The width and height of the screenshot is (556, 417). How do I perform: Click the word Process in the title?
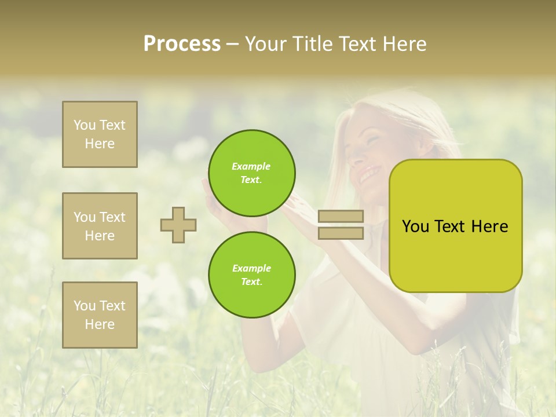(182, 44)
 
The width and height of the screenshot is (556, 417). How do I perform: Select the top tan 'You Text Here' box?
(100, 134)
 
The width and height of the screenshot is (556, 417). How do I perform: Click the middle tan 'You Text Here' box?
(100, 226)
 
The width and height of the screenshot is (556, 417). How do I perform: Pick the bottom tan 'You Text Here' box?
(100, 314)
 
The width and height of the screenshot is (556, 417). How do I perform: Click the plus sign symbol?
(178, 225)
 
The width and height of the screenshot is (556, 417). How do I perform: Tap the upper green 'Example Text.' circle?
(251, 173)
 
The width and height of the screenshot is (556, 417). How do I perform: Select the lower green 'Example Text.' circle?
(251, 275)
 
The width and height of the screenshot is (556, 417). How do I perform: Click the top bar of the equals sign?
(341, 216)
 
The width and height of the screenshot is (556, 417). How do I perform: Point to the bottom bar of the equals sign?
(341, 233)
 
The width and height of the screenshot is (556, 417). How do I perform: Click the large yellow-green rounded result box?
(455, 226)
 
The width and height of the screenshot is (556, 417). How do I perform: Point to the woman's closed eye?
(373, 140)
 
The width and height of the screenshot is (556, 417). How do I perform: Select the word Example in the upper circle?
(251, 166)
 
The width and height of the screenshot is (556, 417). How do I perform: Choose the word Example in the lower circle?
(251, 268)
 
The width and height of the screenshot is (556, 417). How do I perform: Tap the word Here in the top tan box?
(100, 144)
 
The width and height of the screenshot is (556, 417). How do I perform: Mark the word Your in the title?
(266, 44)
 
